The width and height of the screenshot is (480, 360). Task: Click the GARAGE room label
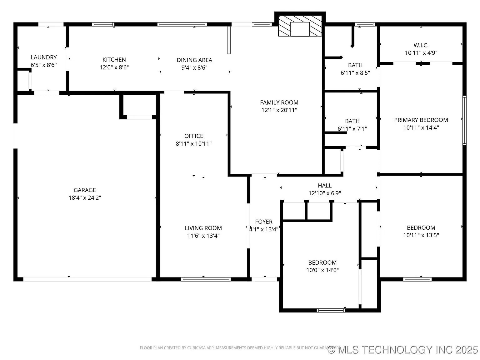coord(85,190)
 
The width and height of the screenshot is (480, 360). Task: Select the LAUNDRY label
coord(44,57)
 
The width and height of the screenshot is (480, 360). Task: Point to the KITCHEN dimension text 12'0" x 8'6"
coord(114,67)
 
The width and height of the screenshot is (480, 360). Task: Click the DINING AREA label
coord(194,60)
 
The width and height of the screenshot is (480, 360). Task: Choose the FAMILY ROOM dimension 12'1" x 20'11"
coord(279,110)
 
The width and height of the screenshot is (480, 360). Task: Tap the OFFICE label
coord(194,136)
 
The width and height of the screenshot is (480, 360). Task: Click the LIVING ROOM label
coord(203,228)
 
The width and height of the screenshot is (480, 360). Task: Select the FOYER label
coord(264,222)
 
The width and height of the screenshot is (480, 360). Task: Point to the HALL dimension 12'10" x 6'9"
coord(325,193)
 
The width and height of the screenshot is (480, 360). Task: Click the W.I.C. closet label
coord(421,45)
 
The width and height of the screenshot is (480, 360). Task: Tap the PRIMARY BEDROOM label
coord(421,120)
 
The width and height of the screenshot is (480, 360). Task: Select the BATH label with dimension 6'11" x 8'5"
coord(355,65)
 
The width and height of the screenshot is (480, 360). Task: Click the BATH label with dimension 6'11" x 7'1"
coord(352,121)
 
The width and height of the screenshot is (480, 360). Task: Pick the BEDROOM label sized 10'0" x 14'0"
coord(322,262)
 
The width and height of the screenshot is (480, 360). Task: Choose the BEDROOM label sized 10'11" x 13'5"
coord(421,228)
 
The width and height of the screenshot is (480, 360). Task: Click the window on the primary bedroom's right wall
coord(464,121)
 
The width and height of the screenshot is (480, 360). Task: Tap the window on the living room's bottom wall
coord(206,279)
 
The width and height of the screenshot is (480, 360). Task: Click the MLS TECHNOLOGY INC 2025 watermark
coord(403,349)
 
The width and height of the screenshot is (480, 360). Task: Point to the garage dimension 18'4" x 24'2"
coord(85,197)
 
